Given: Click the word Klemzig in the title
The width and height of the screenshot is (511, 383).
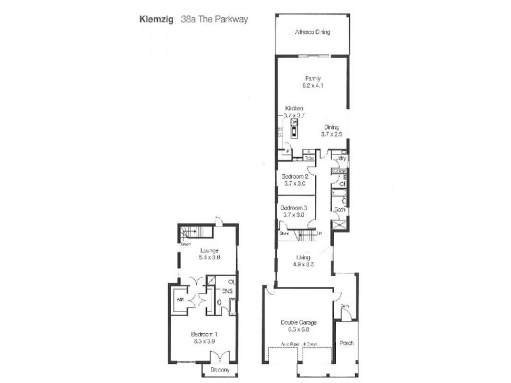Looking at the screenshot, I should click(x=155, y=19).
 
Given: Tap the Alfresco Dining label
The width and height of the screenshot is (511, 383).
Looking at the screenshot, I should click(x=312, y=32).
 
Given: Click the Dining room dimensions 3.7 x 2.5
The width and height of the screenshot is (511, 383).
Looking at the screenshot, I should click(x=332, y=134).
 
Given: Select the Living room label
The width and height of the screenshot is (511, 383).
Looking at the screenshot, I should click(x=303, y=257).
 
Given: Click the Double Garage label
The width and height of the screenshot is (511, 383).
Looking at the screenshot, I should click(x=298, y=322).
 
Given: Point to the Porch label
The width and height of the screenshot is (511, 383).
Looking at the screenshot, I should click(x=347, y=343).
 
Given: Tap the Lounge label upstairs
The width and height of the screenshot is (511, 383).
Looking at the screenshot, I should click(x=209, y=250).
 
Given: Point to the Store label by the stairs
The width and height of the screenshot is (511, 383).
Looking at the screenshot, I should click(x=284, y=234).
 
